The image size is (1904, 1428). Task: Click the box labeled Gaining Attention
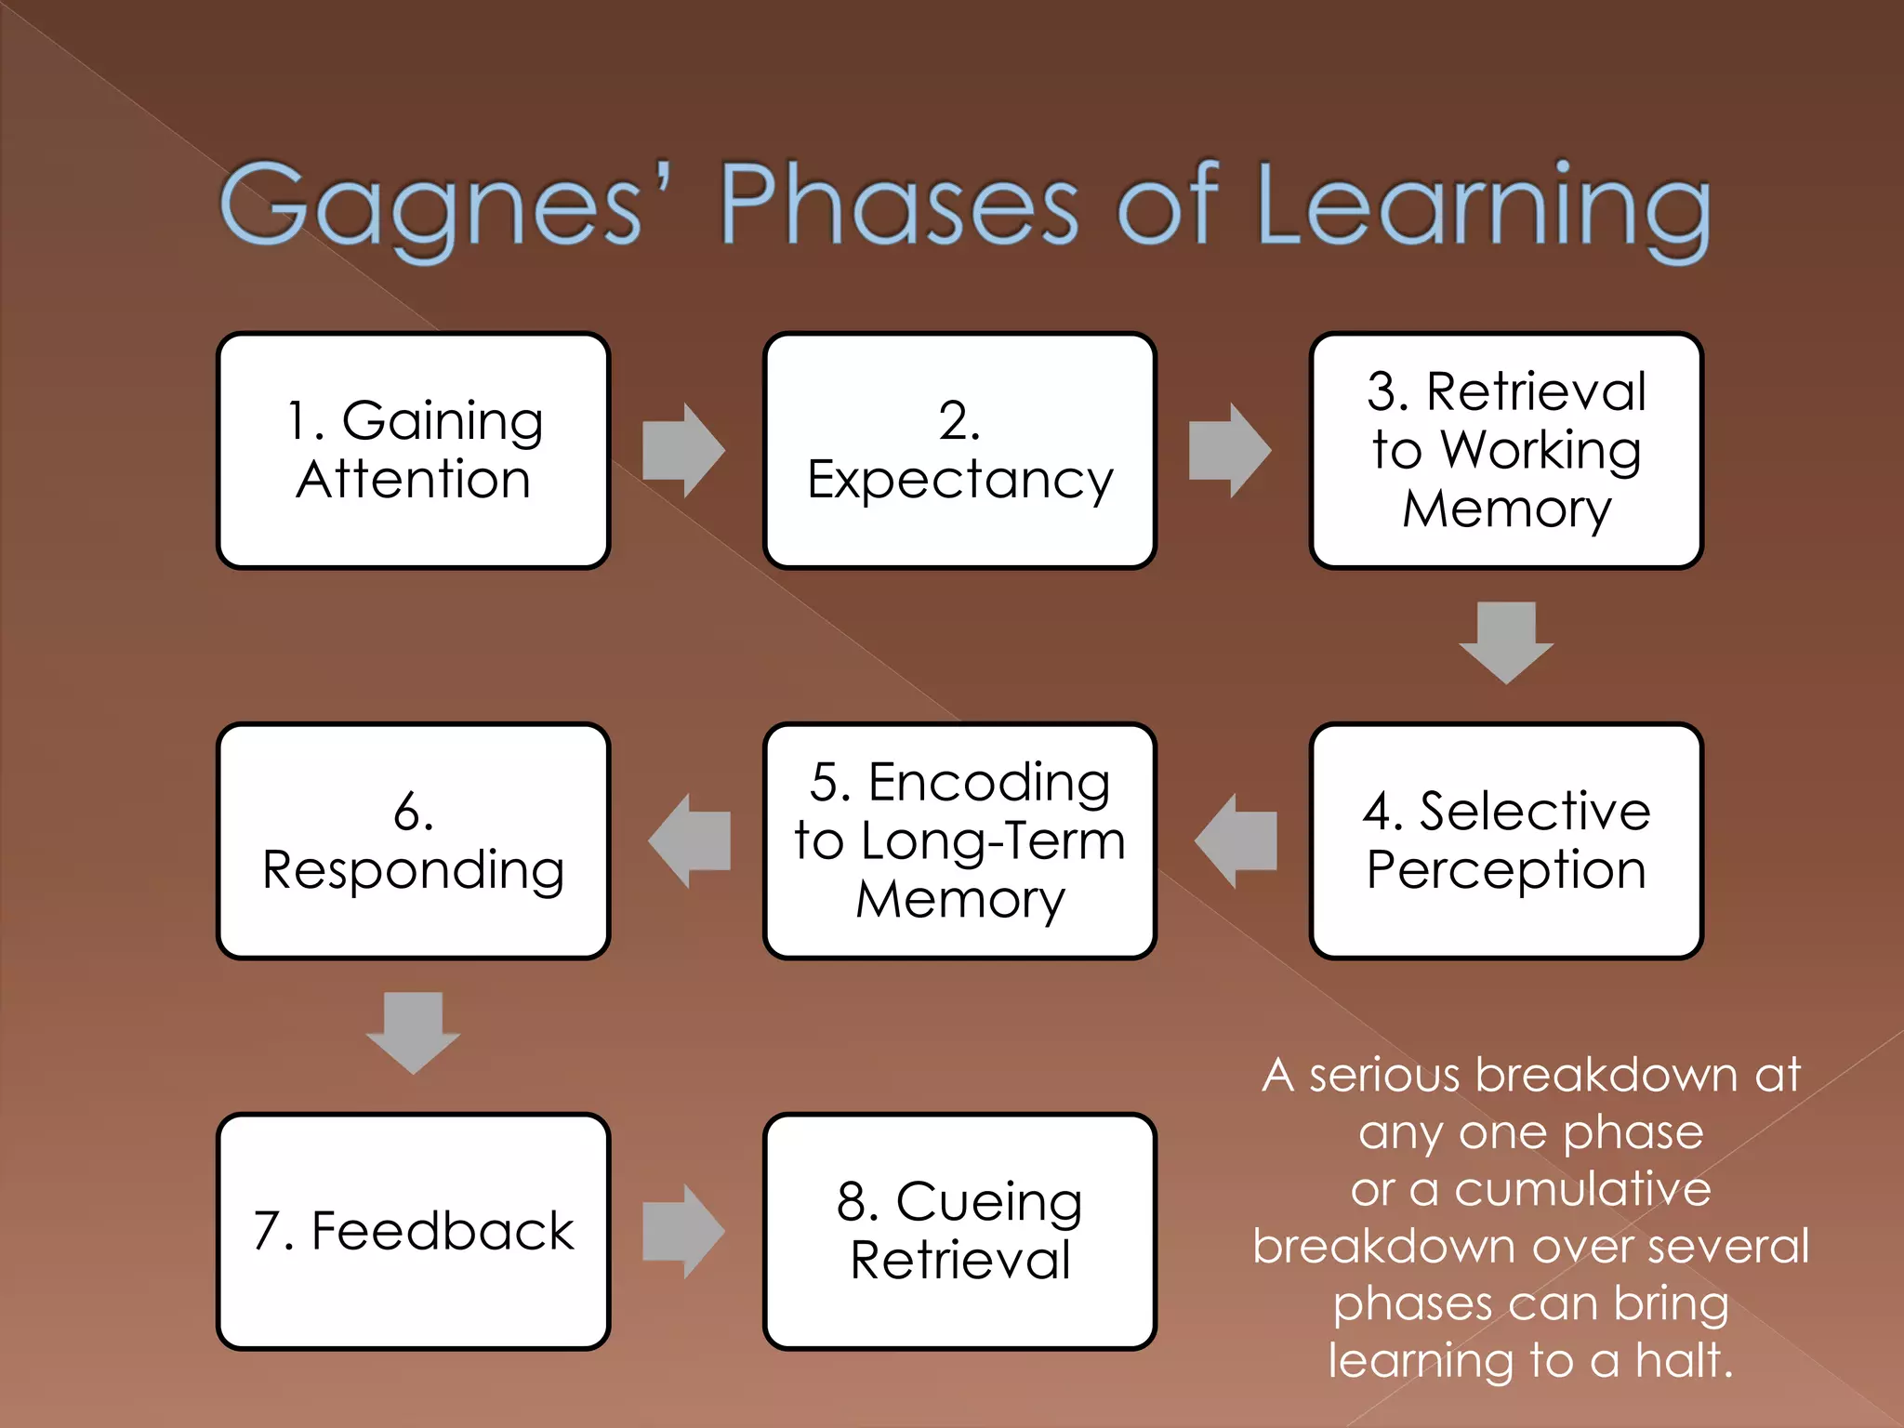pyautogui.click(x=413, y=450)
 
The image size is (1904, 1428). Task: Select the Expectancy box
pyautogui.click(x=959, y=450)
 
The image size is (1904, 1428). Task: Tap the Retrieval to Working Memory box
pyautogui.click(x=1506, y=450)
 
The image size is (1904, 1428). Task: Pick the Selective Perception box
pyautogui.click(x=1506, y=840)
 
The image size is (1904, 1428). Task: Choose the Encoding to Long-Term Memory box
pyautogui.click(x=959, y=840)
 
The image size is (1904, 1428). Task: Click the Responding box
pyautogui.click(x=413, y=840)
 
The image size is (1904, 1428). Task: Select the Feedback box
pyautogui.click(x=413, y=1231)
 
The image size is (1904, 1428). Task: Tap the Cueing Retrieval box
pyautogui.click(x=959, y=1231)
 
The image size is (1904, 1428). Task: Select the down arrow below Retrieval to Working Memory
pyautogui.click(x=1506, y=642)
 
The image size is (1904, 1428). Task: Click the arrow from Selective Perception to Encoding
pyautogui.click(x=1236, y=840)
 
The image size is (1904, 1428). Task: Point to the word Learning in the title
pyautogui.click(x=1483, y=206)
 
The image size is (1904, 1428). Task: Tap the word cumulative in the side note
pyautogui.click(x=1582, y=1189)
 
